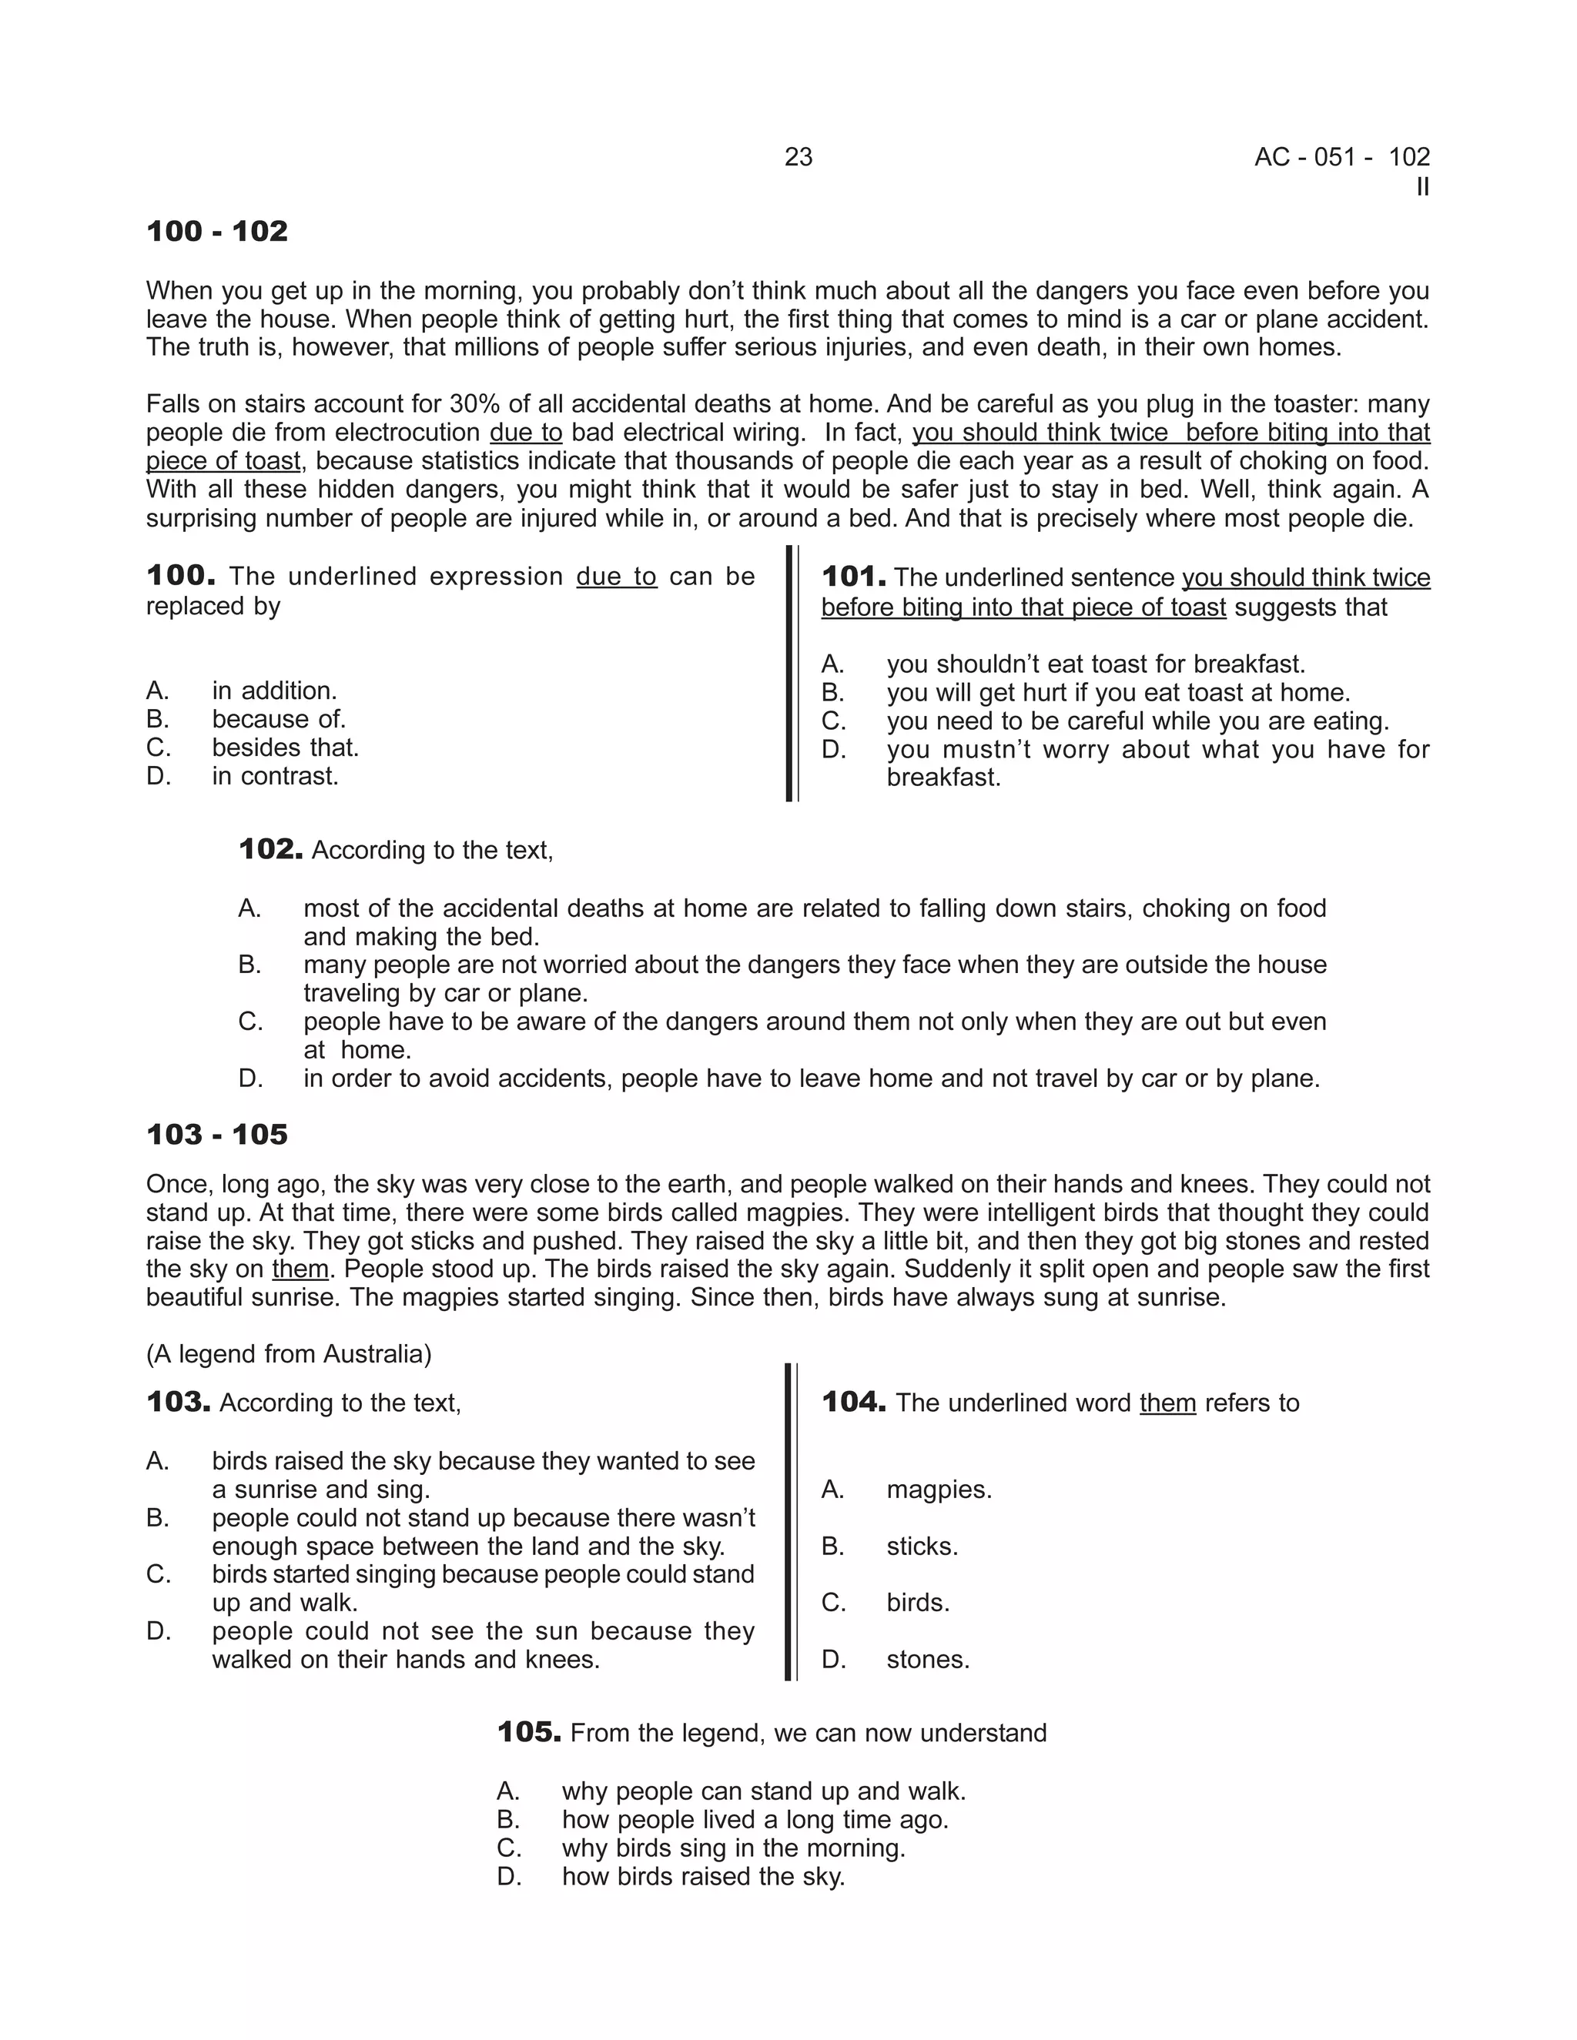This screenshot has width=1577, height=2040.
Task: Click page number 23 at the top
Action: (798, 157)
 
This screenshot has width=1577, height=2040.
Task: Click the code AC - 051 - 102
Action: (1341, 157)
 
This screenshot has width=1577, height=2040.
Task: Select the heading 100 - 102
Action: (216, 232)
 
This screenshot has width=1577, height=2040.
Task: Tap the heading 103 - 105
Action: (216, 1135)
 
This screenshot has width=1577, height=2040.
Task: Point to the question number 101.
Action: (853, 577)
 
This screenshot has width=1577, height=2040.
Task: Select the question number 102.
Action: (270, 849)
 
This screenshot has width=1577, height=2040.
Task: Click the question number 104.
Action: (853, 1402)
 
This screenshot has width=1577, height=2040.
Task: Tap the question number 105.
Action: (529, 1733)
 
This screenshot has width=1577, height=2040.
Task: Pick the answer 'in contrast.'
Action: (275, 776)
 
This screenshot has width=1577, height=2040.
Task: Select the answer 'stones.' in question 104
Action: (928, 1660)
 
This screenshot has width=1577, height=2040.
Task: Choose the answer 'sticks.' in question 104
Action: (922, 1546)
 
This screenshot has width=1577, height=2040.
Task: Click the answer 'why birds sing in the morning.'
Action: (733, 1848)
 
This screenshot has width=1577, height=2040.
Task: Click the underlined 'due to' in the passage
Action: (526, 433)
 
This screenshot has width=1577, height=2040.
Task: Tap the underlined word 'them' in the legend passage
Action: (300, 1269)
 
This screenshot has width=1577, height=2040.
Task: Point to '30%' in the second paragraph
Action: (473, 404)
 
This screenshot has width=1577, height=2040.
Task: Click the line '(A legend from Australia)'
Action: (289, 1353)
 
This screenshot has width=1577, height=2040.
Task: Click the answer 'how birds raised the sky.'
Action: (702, 1877)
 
